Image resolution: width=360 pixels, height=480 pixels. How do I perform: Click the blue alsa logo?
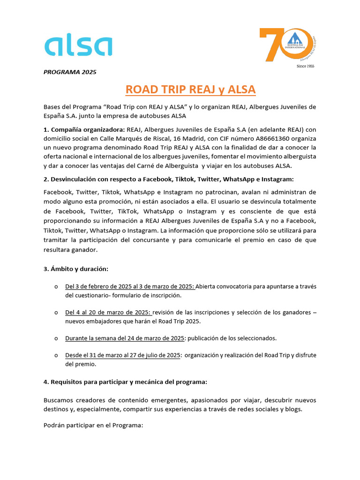point(78,47)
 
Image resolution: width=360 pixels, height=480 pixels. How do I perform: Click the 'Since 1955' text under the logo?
point(306,67)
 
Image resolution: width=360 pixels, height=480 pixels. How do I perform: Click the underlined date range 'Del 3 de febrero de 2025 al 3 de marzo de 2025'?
point(130,286)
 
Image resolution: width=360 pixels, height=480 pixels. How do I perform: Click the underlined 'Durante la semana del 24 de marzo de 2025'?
point(125,338)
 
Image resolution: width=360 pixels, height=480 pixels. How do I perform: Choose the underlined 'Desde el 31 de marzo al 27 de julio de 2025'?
point(123,355)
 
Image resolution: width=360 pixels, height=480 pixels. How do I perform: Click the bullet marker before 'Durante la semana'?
point(56,338)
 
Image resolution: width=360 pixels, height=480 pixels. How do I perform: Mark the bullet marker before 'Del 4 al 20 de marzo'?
point(56,313)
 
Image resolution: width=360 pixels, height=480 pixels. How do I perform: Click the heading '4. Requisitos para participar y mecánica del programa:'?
point(125,382)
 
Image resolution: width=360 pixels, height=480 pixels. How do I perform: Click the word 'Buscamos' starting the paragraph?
point(58,400)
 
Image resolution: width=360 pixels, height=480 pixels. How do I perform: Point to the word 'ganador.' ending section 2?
point(85,250)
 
